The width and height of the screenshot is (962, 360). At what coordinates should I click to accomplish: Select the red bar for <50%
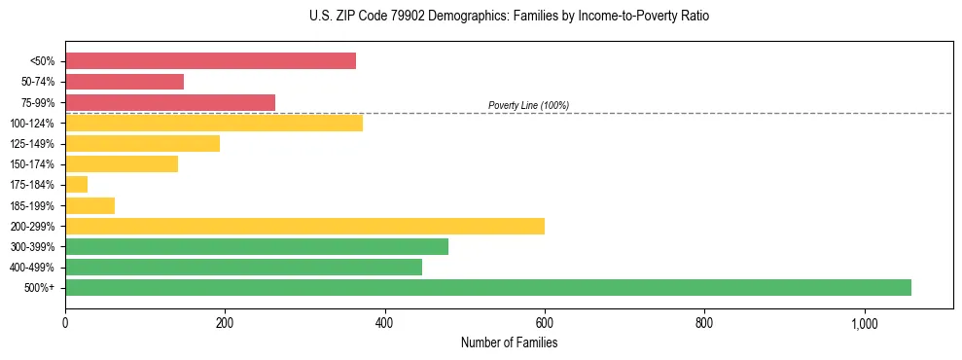tap(210, 61)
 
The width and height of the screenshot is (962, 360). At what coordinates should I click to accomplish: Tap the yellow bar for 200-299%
tap(304, 226)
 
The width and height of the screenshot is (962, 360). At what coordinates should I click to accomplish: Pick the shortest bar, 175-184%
tap(76, 185)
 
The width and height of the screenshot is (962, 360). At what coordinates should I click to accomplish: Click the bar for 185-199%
tap(89, 205)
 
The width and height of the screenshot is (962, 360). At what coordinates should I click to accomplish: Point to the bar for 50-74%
tap(125, 82)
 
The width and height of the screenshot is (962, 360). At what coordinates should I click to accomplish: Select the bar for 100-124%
tap(214, 123)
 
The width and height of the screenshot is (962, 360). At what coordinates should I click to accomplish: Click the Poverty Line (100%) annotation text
tap(528, 105)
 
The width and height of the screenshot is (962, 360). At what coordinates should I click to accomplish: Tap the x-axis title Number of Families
tap(509, 342)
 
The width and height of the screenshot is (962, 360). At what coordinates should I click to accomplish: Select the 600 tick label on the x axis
tap(545, 322)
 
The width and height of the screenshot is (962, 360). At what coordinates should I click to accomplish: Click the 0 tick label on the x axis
tap(65, 322)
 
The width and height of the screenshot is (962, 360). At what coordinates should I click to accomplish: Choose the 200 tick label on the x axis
tap(225, 322)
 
